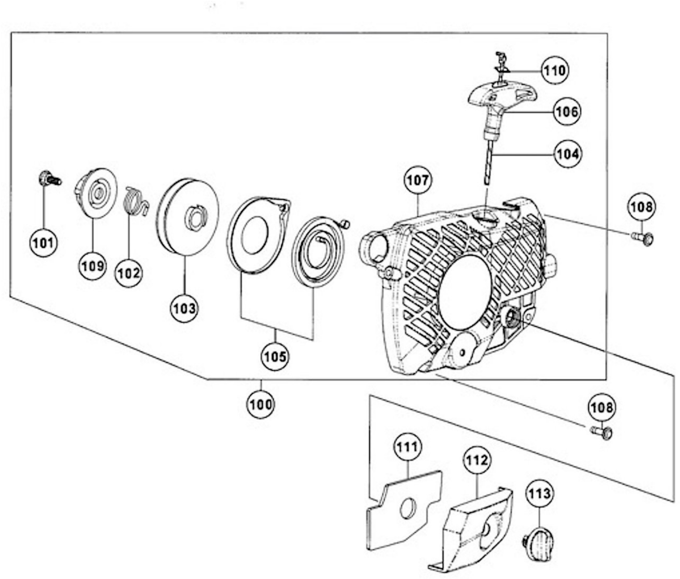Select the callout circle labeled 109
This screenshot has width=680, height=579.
click(x=93, y=266)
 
